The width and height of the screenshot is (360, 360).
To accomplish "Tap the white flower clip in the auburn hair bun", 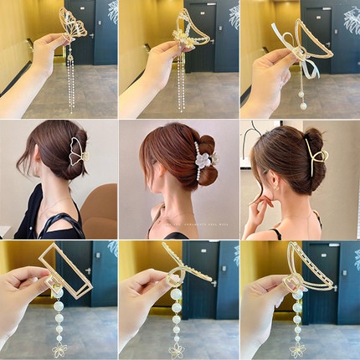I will [x=203, y=158].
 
